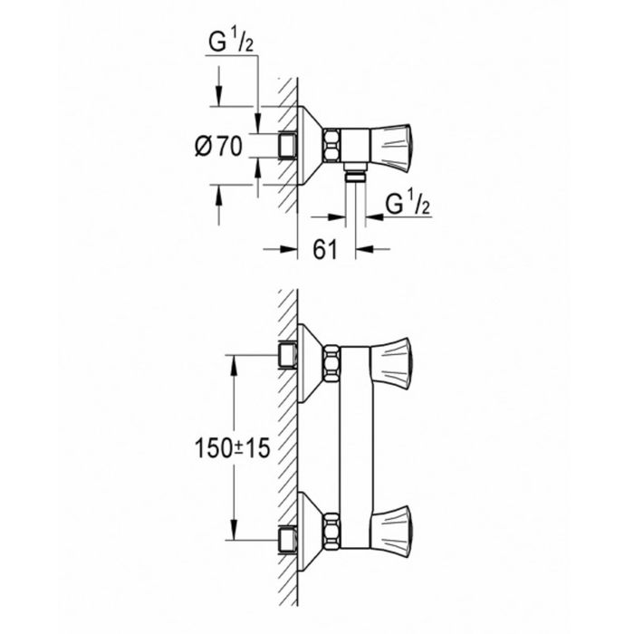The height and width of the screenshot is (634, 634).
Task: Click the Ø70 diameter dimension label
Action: coord(218,145)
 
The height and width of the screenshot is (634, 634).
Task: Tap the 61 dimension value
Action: coord(326,249)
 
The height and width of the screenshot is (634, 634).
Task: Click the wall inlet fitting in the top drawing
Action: coord(289,145)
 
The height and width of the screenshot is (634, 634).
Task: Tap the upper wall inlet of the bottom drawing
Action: coord(289,354)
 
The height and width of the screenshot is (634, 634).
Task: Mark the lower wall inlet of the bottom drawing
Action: coord(289,536)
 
